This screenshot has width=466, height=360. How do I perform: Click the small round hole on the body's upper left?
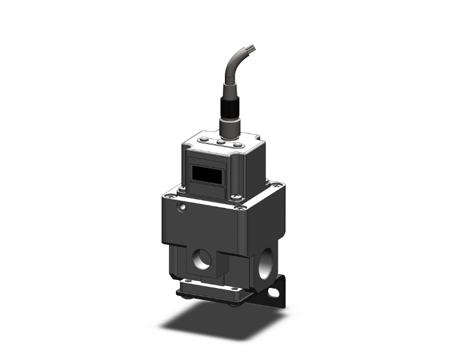pos(182,206)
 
